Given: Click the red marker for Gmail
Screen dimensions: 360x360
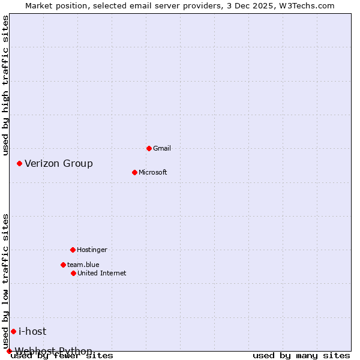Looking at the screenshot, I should [149, 148].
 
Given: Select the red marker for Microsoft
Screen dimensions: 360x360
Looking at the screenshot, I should [134, 172].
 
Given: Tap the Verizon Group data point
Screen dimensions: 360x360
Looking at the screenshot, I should [19, 163].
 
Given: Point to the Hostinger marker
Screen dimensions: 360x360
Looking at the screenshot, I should [73, 250].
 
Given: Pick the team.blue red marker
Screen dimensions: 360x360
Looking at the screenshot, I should [63, 265].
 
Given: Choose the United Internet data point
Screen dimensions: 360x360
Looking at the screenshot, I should [73, 273].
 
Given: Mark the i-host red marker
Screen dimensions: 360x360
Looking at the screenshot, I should [13, 331].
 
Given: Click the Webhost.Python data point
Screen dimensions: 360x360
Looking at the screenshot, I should [9, 351].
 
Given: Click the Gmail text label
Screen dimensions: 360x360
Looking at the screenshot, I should [162, 148].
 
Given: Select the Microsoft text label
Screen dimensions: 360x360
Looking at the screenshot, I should [153, 172].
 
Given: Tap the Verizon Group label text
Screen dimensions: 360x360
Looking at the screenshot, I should [59, 163].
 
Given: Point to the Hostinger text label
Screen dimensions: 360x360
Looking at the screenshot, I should [92, 250].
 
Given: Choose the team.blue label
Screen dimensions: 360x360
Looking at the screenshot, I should [83, 265].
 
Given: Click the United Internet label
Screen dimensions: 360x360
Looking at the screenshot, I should [102, 273].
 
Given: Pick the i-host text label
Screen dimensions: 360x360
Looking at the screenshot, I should [32, 331].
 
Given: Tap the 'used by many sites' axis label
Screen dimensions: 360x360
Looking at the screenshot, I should [301, 355].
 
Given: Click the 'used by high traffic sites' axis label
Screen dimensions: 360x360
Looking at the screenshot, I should [5, 85].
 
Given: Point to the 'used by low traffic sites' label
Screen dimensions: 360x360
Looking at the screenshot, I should [5, 281].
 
